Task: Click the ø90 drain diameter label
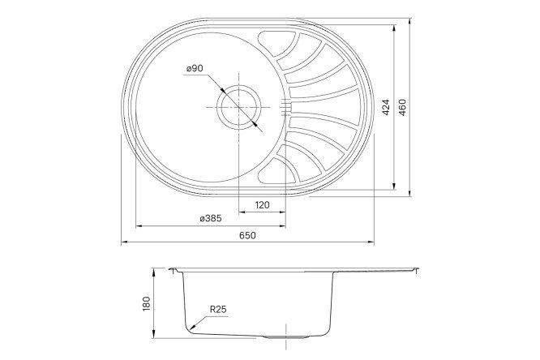[194, 69]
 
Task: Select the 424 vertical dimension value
[387, 108]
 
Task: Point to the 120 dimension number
[262, 205]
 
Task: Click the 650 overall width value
[247, 235]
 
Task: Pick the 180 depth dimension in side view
[147, 303]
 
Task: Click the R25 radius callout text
[217, 309]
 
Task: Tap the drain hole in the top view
[238, 105]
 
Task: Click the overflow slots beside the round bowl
[285, 105]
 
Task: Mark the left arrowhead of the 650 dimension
[123, 242]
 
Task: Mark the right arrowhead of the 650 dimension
[372, 242]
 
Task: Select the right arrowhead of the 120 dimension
[283, 212]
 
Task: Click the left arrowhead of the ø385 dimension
[135, 226]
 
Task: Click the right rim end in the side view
[419, 271]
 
